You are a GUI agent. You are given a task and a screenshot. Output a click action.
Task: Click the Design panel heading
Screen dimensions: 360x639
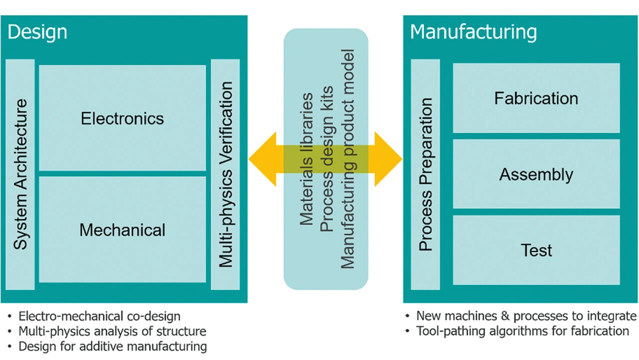point(37,32)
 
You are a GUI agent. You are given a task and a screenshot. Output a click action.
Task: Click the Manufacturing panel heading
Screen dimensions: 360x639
point(473,32)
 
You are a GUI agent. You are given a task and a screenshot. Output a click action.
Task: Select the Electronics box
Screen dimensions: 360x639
point(122,118)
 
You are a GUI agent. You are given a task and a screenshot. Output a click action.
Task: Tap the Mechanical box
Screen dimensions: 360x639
point(122,230)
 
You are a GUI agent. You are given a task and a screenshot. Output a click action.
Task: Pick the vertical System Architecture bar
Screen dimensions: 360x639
point(20,174)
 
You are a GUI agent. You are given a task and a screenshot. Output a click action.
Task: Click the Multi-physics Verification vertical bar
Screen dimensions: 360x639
point(226,174)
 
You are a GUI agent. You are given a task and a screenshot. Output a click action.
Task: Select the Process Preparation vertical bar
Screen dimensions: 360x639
point(425,174)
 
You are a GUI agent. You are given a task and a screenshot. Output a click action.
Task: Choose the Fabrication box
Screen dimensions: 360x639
point(536,98)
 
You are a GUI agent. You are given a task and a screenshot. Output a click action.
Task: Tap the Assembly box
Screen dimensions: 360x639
point(536,174)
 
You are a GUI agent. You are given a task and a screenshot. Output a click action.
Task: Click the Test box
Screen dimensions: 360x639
point(536,250)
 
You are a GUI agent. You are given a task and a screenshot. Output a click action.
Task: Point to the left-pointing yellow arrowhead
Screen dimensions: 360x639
point(262,159)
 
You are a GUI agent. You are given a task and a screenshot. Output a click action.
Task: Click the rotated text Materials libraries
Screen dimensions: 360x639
point(307,159)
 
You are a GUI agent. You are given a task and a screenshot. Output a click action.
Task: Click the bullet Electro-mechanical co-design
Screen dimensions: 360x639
point(99,316)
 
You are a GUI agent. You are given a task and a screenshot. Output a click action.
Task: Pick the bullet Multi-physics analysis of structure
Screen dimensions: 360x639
point(112,331)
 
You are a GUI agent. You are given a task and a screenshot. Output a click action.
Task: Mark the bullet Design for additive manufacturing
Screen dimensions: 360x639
point(112,346)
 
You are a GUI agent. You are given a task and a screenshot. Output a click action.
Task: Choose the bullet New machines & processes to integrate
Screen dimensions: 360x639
point(526,316)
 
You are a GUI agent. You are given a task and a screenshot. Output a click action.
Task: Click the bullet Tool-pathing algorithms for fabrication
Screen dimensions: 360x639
point(522,331)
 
